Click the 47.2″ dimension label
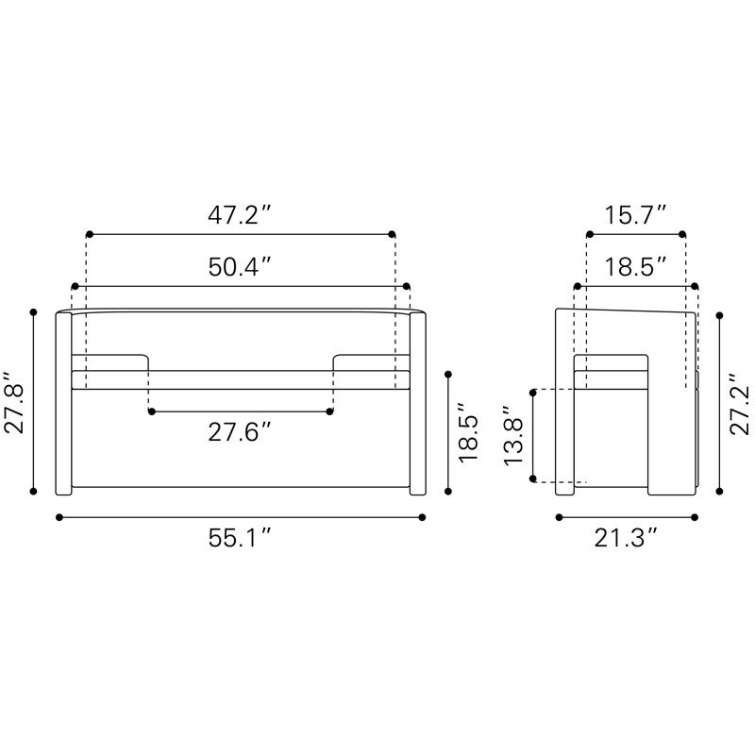240,215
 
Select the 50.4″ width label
240,267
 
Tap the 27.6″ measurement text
240,432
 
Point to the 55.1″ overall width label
240,538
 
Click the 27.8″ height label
14,403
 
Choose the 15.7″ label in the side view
635,215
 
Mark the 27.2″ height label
740,404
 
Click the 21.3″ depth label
626,538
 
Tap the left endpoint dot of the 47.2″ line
89,234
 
